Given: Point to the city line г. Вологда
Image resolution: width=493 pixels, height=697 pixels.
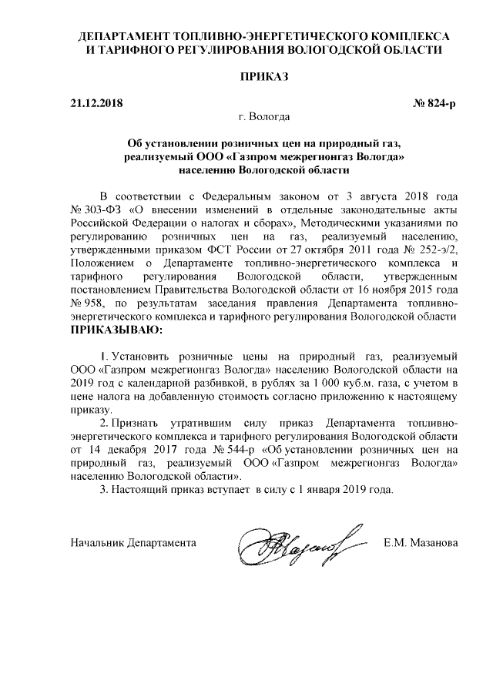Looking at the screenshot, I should pos(264,118).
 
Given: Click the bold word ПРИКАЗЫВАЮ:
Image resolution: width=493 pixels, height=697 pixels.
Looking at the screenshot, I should pos(117,330).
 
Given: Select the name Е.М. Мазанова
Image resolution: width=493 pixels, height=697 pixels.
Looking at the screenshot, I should pos(421,543).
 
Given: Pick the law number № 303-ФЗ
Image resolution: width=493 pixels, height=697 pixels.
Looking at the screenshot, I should pos(96,209).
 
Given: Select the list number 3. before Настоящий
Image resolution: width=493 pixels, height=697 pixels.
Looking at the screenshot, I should pos(105,490).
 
